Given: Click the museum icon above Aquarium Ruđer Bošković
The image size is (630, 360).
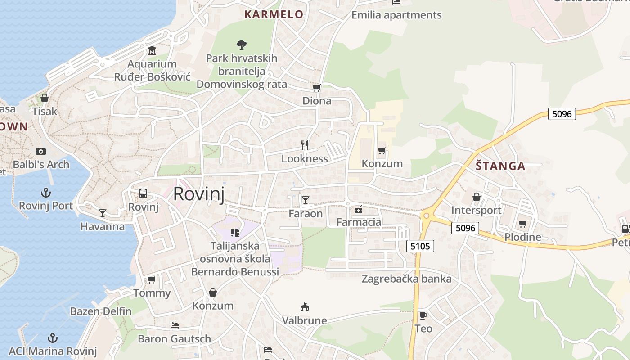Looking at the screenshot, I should point(152,50).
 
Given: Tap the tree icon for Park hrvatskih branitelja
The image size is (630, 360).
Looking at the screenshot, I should point(242,45).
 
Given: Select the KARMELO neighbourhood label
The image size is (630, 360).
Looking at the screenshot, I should point(274,14).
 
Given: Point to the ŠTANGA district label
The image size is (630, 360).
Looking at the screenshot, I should point(500,166).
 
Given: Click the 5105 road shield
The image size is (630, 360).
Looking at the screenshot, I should point(420,246).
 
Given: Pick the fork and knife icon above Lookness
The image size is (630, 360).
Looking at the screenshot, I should point(305,145).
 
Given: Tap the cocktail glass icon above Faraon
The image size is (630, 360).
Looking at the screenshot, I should point(306,200).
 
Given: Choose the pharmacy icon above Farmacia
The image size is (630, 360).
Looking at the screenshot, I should point(359,209).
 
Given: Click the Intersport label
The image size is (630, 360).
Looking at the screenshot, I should point(476,210).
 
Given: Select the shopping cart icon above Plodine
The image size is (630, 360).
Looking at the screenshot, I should point(522,224).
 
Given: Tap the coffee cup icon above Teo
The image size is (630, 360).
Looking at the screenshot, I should point(423,315).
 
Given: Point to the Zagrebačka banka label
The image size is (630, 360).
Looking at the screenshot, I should point(406,279).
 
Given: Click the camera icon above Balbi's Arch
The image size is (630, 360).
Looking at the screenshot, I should point(41,151).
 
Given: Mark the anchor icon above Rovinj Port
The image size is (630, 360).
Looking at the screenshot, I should point(45,193).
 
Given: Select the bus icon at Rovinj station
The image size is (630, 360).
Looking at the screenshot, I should point(143,193).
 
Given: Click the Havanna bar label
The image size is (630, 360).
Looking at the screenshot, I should point(103,226).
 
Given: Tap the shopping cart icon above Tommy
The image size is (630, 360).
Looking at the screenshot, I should point(152,280).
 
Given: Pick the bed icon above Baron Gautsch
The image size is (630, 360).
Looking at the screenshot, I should point(175,325).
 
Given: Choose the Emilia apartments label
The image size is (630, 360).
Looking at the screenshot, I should point(396,15).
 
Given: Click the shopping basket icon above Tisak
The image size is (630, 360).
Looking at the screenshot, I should point(45,98).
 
